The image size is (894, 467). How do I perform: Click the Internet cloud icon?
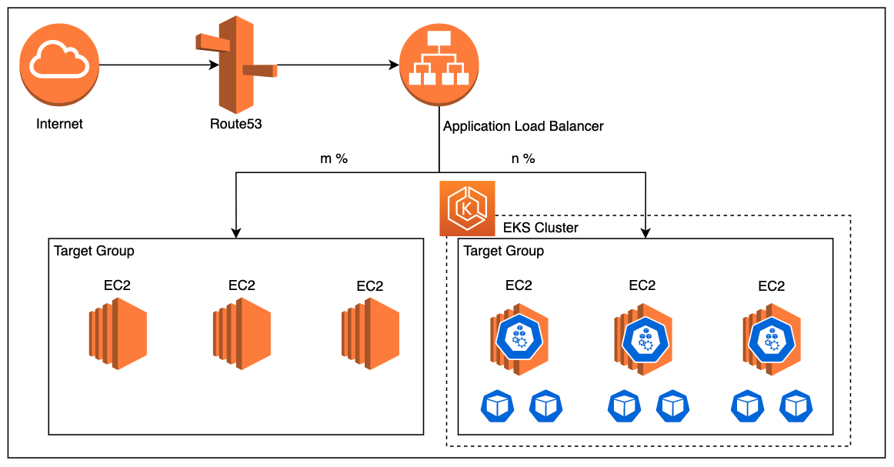point(59,65)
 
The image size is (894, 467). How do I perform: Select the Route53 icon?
point(235,66)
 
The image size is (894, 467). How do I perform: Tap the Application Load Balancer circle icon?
point(439,65)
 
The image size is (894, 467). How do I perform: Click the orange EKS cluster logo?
point(467,208)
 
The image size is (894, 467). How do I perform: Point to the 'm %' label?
point(334,159)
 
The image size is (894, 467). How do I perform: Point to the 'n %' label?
point(522,159)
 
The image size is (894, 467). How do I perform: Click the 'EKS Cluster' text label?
point(540,228)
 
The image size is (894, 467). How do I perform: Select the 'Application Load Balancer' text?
point(523,125)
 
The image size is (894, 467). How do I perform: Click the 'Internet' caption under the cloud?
point(59,123)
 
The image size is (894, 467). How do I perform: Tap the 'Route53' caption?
point(235,123)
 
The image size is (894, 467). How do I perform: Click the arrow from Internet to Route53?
point(158,65)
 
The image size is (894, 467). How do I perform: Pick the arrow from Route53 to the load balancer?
point(339,65)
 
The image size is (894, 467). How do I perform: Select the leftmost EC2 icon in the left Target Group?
point(117,335)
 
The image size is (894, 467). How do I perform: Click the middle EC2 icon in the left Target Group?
point(242,335)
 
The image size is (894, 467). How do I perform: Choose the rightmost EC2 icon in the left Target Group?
point(369,335)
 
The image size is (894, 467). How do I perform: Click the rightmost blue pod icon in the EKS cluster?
point(796,406)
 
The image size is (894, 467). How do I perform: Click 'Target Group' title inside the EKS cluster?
point(504,251)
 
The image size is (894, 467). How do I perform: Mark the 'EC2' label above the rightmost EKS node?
point(771,286)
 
